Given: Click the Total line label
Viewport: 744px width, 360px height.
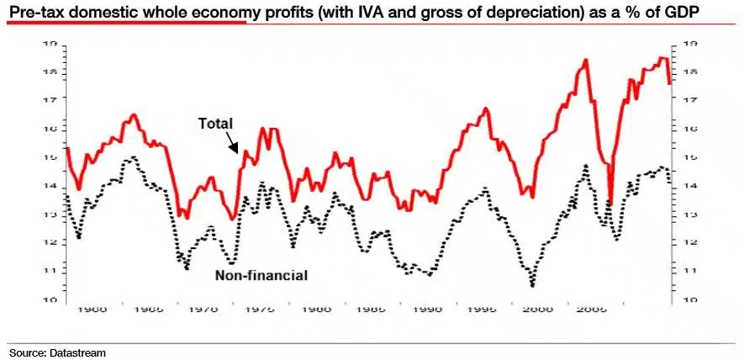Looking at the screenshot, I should tap(215, 123).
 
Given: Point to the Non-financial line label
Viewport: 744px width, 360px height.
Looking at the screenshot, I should tap(261, 275).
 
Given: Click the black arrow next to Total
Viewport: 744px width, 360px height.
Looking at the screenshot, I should tap(235, 144).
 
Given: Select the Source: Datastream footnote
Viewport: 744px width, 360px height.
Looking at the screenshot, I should tap(58, 353).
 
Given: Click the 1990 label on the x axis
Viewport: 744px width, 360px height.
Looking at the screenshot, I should tap(428, 310).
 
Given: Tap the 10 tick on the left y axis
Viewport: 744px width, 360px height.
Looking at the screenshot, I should tap(52, 299).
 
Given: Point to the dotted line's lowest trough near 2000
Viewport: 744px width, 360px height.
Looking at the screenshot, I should tap(533, 285).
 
